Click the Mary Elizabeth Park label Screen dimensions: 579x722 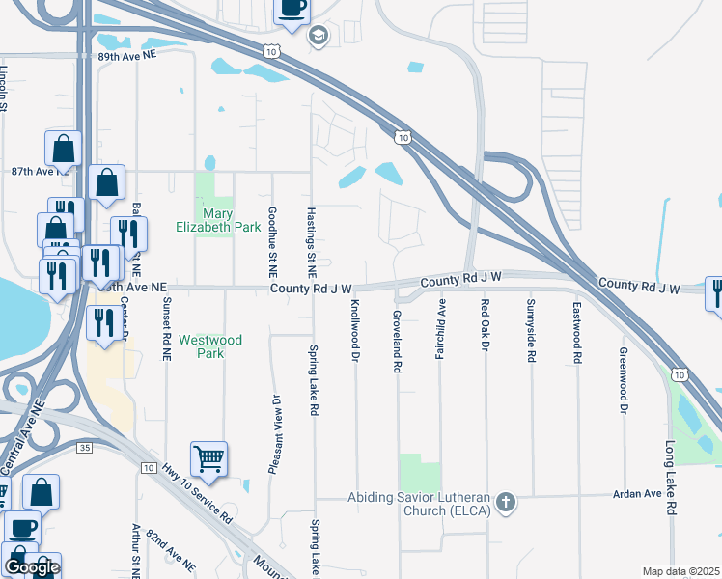click(218, 220)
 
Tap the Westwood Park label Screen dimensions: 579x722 click(209, 346)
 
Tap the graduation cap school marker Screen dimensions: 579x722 click(318, 37)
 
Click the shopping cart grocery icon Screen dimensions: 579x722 click(208, 460)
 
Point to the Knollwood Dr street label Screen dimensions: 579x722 click(355, 329)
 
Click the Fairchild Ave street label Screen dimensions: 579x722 click(441, 329)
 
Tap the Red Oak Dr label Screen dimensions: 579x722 click(486, 324)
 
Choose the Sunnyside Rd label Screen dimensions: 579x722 click(531, 330)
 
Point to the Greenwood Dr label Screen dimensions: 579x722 click(624, 380)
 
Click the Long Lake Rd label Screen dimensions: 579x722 click(670, 479)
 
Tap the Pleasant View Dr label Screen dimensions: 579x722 click(276, 435)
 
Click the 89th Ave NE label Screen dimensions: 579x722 click(127, 56)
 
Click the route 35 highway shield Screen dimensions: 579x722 click(85, 449)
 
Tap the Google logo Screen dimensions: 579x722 click(32, 567)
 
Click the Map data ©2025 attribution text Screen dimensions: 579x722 click(680, 571)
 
